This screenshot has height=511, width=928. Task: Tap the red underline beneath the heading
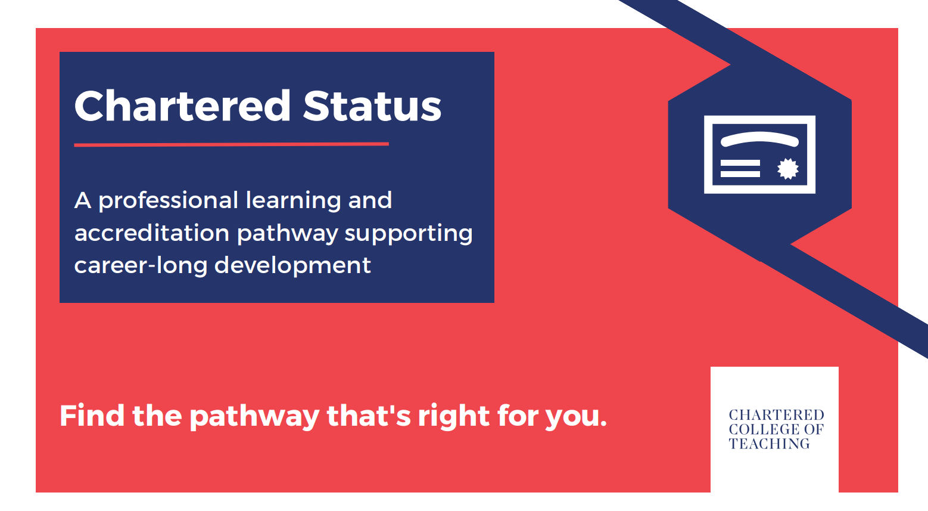231,144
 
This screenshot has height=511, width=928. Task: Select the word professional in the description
168,202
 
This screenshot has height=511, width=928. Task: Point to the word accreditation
152,233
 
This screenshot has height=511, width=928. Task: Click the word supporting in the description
409,234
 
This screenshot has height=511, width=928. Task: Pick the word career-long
141,266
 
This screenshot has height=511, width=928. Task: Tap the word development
292,266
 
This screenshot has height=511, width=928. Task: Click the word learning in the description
293,202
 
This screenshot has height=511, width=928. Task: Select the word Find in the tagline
92,416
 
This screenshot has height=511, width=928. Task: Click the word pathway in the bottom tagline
254,417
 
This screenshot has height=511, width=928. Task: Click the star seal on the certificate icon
787,169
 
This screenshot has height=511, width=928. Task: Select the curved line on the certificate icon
760,138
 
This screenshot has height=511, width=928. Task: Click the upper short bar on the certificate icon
740,163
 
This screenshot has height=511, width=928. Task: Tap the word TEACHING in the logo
770,444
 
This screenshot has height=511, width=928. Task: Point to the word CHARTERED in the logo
776,415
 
